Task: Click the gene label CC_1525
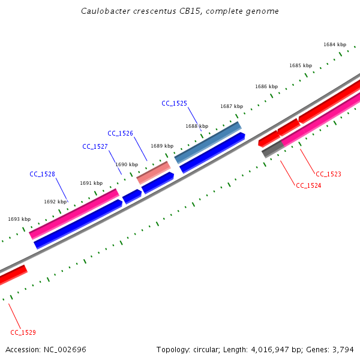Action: [174, 103]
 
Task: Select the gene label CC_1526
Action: [120, 133]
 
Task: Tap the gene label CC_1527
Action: [95, 146]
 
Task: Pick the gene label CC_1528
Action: [42, 174]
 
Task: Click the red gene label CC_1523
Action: [328, 174]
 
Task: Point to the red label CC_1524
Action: [308, 185]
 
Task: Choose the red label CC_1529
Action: [23, 332]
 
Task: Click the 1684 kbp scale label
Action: [335, 44]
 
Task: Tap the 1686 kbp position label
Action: [266, 86]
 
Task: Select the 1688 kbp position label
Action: [197, 126]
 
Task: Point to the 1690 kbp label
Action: [127, 164]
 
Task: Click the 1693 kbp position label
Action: [19, 219]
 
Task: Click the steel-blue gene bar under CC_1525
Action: [208, 142]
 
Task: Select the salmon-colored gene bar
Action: [154, 172]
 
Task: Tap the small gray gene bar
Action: [272, 149]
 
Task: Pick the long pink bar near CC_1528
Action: [74, 214]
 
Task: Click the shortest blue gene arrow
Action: [132, 196]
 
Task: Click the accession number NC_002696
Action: [65, 349]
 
